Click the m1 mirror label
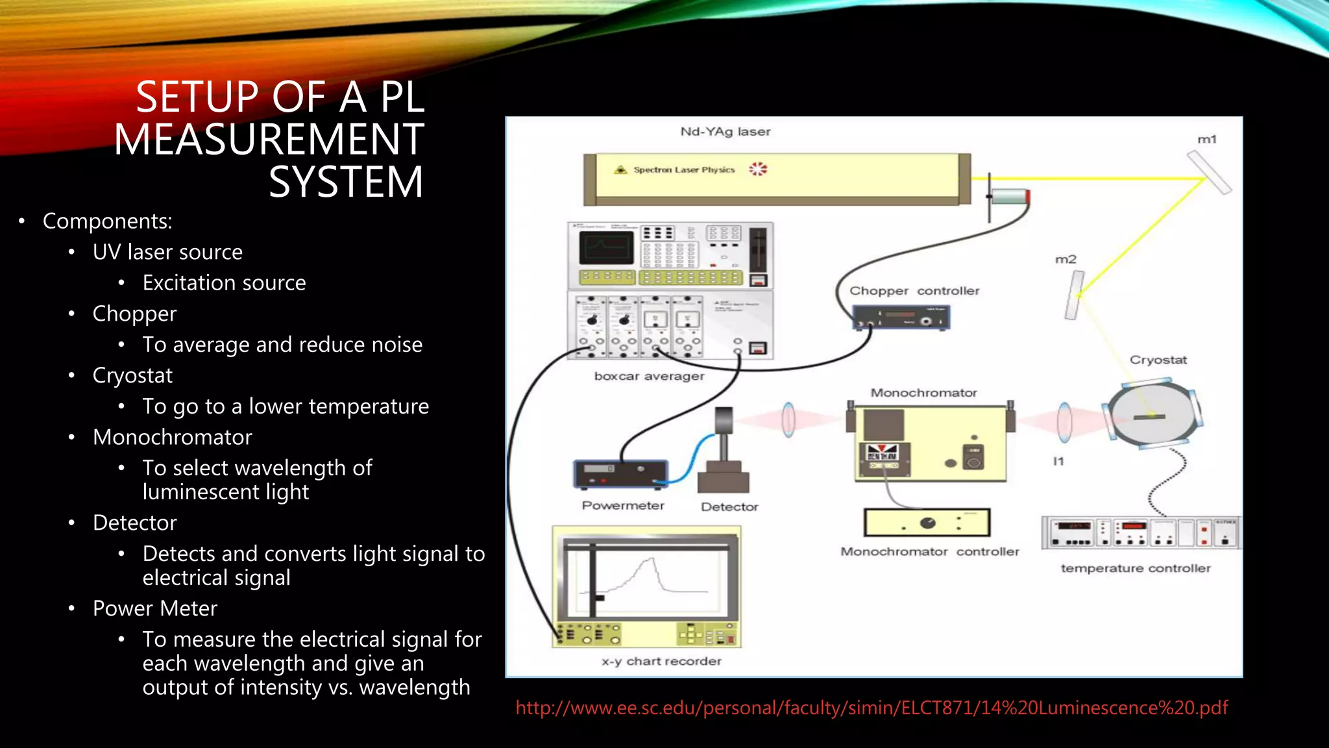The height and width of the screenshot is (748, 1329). pyautogui.click(x=1206, y=139)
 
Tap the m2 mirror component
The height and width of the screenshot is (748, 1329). pyautogui.click(x=1075, y=295)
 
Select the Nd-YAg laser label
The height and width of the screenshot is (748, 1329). pyautogui.click(x=725, y=132)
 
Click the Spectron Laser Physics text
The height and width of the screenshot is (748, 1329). pyautogui.click(x=684, y=169)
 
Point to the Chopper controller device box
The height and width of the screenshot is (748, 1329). pyautogui.click(x=901, y=318)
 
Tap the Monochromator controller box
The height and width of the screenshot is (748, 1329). pyautogui.click(x=927, y=523)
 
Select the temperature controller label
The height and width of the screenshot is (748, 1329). pyautogui.click(x=1135, y=568)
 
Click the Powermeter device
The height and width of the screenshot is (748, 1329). pyautogui.click(x=620, y=474)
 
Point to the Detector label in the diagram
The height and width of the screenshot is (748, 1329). pyautogui.click(x=729, y=506)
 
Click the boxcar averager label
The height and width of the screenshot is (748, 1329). pyautogui.click(x=649, y=376)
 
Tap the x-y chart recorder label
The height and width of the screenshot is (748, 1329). pyautogui.click(x=661, y=661)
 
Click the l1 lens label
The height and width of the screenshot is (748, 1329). pyautogui.click(x=1058, y=461)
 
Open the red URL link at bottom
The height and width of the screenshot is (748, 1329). pyautogui.click(x=871, y=708)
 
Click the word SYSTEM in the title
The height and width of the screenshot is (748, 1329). pyautogui.click(x=345, y=182)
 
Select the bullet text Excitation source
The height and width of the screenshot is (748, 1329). pyautogui.click(x=224, y=283)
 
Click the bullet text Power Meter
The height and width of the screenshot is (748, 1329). pyautogui.click(x=154, y=608)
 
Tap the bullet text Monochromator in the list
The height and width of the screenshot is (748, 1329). pyautogui.click(x=172, y=437)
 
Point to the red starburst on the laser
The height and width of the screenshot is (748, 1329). pyautogui.click(x=757, y=169)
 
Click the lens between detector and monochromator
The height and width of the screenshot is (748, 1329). pyautogui.click(x=788, y=419)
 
